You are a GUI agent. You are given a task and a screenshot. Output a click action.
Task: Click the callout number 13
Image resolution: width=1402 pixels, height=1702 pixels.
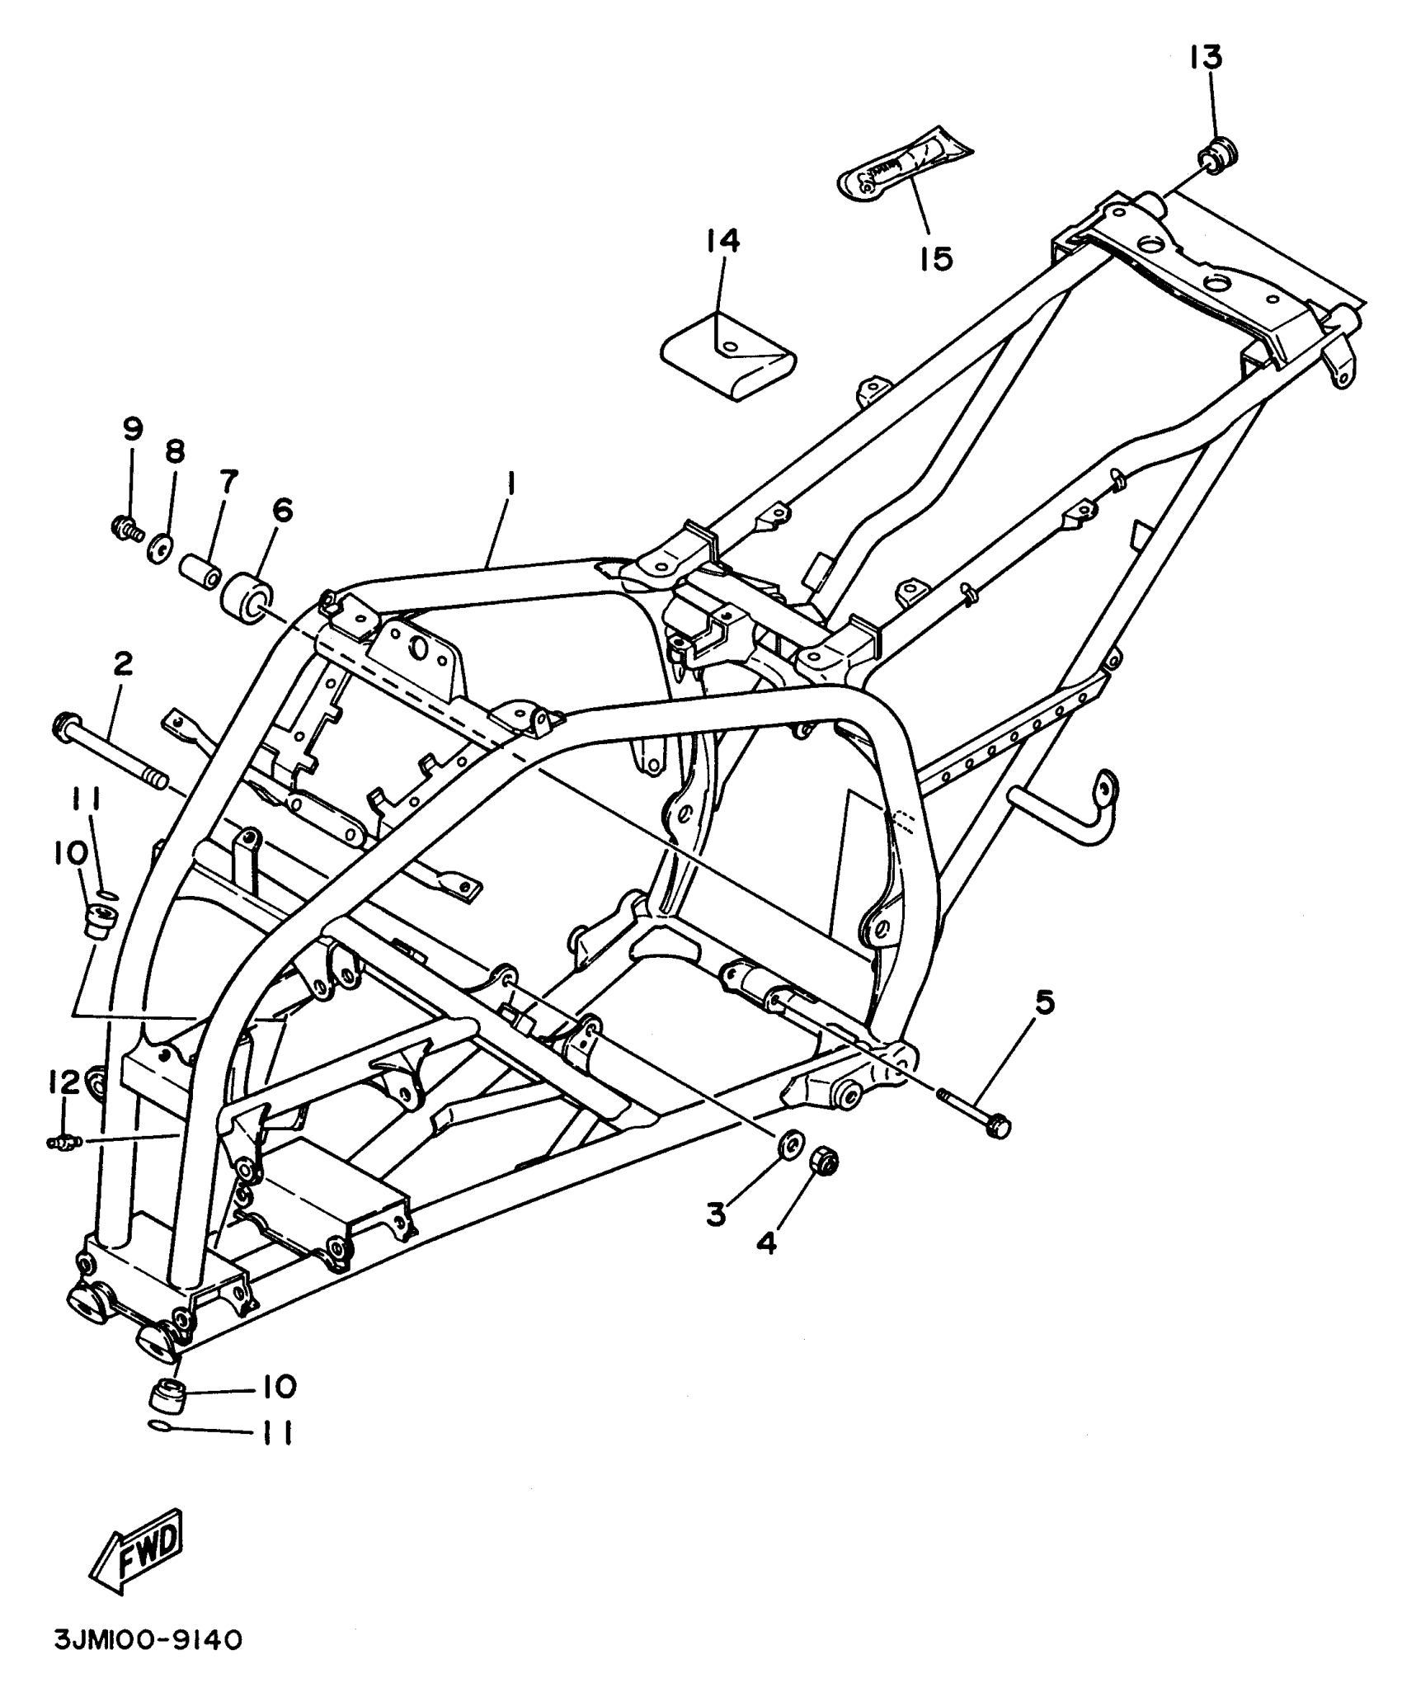[1205, 59]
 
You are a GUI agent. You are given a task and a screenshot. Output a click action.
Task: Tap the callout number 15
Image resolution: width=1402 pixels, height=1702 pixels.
[937, 258]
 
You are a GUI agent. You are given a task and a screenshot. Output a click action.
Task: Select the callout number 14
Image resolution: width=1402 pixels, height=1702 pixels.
[722, 240]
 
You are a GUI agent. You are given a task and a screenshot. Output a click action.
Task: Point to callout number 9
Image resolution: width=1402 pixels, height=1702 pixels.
[132, 428]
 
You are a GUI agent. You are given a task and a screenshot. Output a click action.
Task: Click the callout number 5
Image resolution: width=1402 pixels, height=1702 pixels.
[1043, 1002]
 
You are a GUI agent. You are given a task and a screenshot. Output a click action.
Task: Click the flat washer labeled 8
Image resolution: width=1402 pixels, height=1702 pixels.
[159, 549]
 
